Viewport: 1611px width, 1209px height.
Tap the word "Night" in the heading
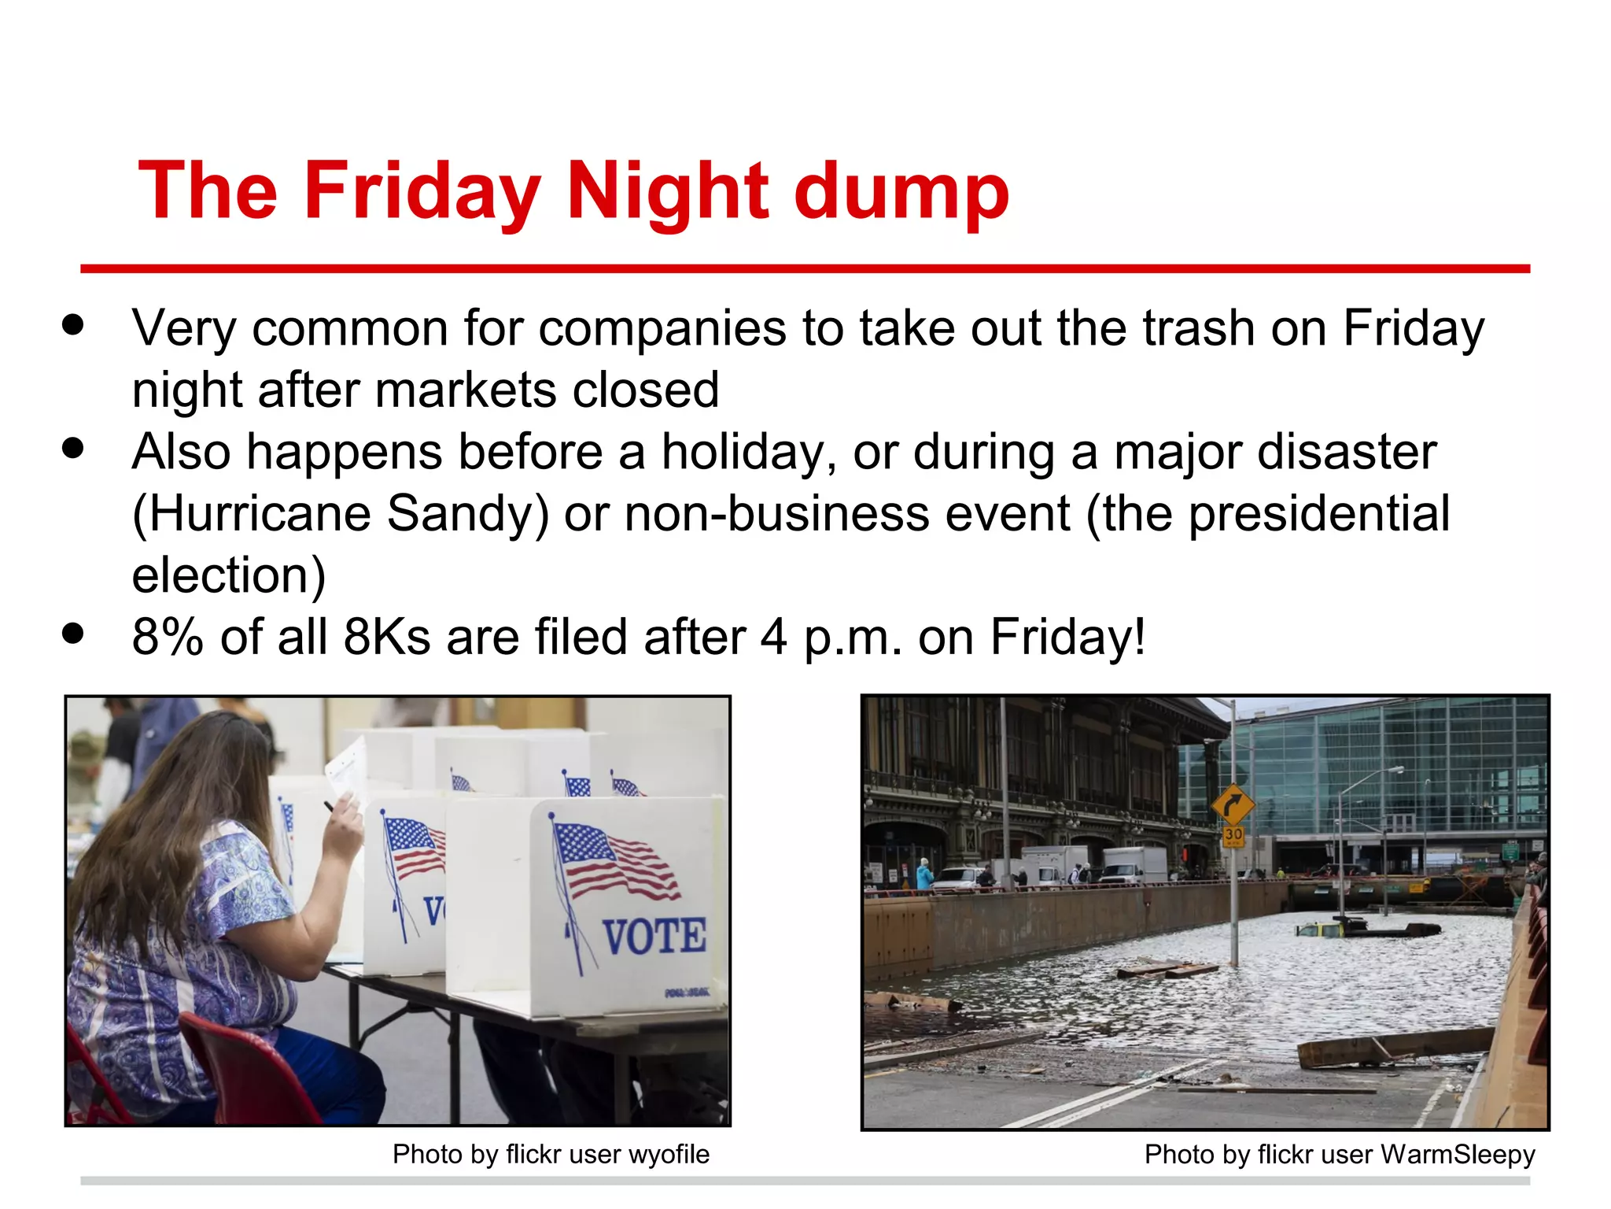(x=667, y=191)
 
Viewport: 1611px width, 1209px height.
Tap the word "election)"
(x=228, y=575)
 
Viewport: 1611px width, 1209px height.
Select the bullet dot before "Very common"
(x=73, y=325)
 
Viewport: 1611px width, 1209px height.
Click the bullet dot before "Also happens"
(x=73, y=449)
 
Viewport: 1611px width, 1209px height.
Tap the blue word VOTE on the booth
(x=654, y=937)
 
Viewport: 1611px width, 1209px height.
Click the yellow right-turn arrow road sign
(x=1232, y=804)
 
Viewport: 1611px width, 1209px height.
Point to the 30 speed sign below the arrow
(x=1233, y=834)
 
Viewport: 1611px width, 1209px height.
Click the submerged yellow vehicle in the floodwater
(x=1319, y=930)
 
